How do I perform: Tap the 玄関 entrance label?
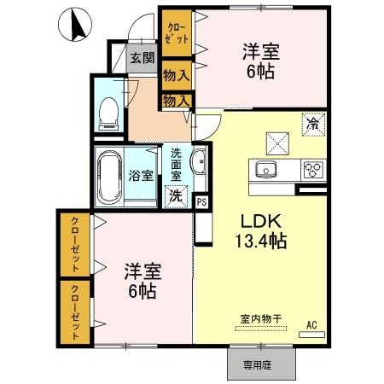pyautogui.click(x=143, y=59)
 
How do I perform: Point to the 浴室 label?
pyautogui.click(x=142, y=176)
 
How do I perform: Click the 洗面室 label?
pyautogui.click(x=176, y=165)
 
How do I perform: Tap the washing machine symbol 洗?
pyautogui.click(x=176, y=195)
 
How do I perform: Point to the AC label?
pyautogui.click(x=311, y=324)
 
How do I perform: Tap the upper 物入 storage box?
pyautogui.click(x=177, y=76)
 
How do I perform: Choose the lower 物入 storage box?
pyautogui.click(x=177, y=101)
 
